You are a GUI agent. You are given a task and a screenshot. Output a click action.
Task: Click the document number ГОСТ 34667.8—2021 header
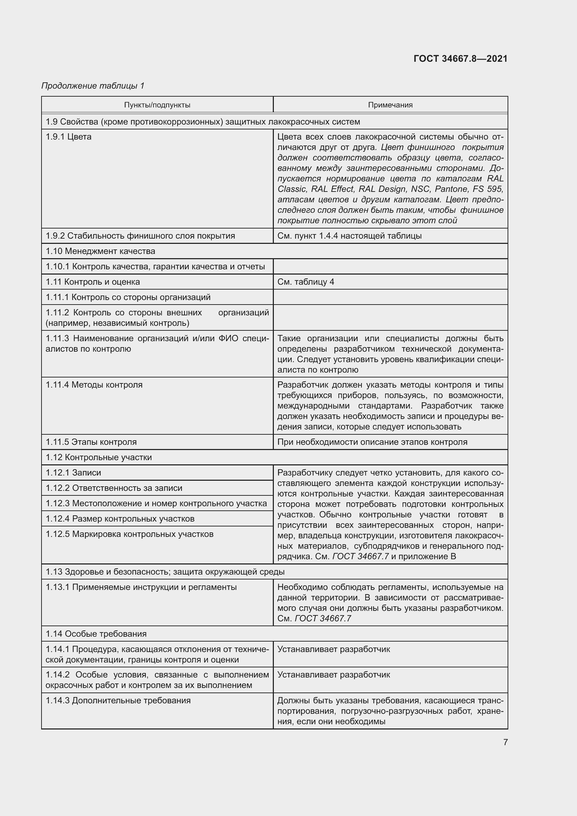460,59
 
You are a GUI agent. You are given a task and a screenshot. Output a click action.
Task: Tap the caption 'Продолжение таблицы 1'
93,86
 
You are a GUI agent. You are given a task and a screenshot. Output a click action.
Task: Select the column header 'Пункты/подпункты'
157,105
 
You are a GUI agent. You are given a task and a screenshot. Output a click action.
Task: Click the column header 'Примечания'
390,105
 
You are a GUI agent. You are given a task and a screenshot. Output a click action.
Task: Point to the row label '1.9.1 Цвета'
69,137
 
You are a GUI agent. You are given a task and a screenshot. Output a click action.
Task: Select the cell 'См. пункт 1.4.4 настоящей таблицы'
349,236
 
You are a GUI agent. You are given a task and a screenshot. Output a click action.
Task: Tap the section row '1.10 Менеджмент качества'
100,251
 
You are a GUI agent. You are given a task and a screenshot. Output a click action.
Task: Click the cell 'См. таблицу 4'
306,282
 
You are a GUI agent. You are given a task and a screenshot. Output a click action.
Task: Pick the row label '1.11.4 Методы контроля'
94,385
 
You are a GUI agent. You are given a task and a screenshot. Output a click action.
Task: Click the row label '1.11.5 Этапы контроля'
91,442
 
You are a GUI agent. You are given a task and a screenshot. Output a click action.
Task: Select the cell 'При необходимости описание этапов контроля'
372,442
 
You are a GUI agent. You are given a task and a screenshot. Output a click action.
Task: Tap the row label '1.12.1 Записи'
74,473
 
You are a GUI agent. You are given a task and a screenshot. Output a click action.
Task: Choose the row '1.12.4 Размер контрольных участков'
120,518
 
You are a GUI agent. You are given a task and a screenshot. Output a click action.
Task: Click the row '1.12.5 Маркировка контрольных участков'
130,534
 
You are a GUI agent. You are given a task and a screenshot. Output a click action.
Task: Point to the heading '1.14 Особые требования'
96,634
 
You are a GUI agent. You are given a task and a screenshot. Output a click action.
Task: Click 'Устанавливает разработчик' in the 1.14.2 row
334,675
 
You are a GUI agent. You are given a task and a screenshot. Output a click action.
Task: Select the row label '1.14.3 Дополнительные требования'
118,701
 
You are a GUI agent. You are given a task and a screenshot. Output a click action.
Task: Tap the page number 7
505,742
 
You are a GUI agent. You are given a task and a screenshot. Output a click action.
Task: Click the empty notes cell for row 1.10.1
390,267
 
